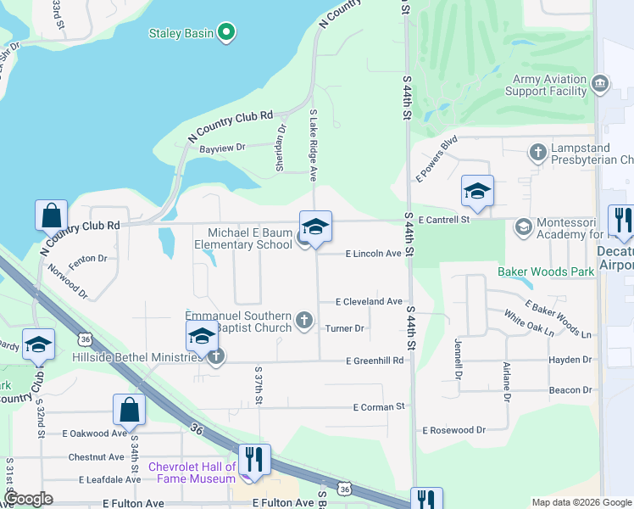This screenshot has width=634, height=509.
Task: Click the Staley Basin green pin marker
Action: coord(225,33)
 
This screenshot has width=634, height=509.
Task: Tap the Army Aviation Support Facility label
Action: coord(550,85)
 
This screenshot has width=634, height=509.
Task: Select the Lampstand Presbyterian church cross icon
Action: coord(537,153)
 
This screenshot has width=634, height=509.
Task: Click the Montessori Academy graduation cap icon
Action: coord(523,226)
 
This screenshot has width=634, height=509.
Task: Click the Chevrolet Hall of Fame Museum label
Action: coord(192,473)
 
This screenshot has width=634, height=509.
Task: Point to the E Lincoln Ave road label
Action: coord(372,254)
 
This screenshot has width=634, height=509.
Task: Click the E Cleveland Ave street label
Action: coord(369,301)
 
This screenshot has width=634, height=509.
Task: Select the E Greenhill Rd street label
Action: coord(374,361)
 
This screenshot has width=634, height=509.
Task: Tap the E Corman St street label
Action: coord(379,407)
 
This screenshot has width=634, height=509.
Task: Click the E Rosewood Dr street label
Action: coord(453,430)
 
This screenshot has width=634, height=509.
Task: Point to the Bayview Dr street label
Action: coord(221,148)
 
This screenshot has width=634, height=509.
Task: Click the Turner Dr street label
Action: coord(344,327)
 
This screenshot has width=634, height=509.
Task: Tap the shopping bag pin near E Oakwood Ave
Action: coord(129,411)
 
